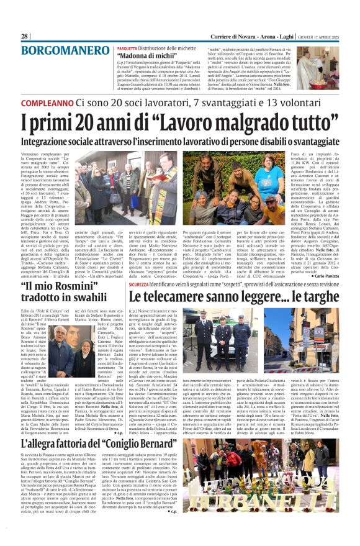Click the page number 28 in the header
[24, 36]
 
